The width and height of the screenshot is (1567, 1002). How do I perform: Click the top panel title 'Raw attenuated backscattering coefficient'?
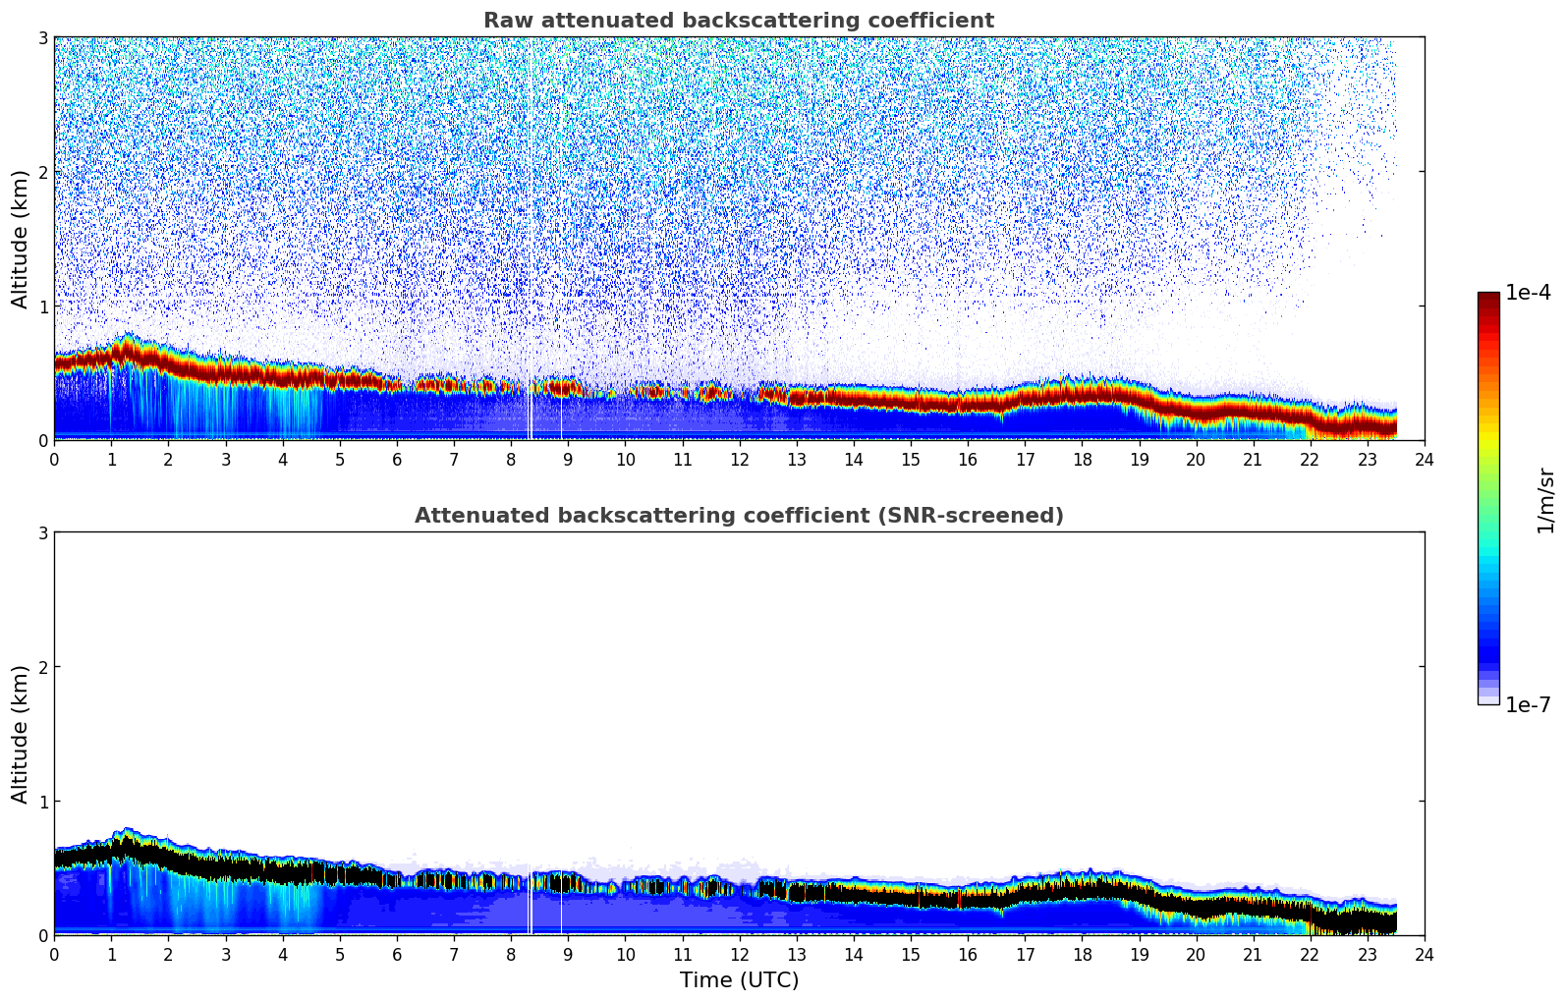click(x=738, y=21)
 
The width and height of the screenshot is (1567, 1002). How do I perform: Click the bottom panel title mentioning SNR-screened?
click(x=738, y=516)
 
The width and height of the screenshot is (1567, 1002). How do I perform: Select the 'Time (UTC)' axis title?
click(x=739, y=980)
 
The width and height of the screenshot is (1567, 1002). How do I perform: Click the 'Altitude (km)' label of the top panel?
click(x=21, y=239)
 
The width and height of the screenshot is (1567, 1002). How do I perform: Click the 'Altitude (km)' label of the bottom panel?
click(x=21, y=734)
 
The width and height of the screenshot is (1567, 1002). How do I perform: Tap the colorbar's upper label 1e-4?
click(x=1528, y=293)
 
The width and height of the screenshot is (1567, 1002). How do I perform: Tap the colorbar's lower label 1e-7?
click(x=1528, y=705)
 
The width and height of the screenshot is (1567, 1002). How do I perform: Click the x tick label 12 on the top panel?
click(x=739, y=460)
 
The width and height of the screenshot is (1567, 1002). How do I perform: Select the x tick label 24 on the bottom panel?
click(x=1424, y=955)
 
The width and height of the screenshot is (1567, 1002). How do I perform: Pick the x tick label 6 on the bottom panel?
click(x=397, y=955)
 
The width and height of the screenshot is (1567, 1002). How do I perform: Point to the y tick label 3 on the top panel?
click(x=42, y=37)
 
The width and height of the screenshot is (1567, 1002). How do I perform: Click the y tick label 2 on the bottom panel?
click(x=42, y=667)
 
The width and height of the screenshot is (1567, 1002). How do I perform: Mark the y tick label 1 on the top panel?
click(x=42, y=306)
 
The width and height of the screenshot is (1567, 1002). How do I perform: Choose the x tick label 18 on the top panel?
click(x=1082, y=460)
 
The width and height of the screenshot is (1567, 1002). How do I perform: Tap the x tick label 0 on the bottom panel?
click(x=54, y=955)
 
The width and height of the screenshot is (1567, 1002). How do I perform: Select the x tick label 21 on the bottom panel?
click(x=1253, y=955)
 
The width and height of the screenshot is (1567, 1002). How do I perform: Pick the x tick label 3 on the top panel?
click(x=226, y=460)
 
